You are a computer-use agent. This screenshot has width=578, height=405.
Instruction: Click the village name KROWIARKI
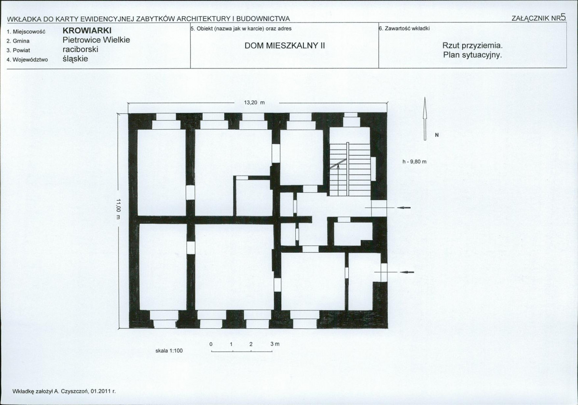point(87,30)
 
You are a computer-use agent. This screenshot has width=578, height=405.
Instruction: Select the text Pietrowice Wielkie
point(96,40)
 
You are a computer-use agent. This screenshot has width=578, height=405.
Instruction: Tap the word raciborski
point(81,49)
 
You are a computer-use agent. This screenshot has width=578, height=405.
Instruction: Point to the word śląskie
point(76,59)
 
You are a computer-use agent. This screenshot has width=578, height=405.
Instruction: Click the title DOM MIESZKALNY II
point(285,46)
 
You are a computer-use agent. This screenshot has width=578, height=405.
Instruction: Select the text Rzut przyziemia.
point(472,46)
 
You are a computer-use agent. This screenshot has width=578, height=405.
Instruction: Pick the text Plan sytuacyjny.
point(472,55)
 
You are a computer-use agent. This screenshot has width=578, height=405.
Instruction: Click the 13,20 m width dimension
point(254,103)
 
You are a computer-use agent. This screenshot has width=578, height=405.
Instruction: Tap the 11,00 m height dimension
point(118,209)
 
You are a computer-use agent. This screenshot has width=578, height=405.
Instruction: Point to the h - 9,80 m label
point(414,162)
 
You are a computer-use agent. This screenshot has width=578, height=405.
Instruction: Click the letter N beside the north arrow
point(437,135)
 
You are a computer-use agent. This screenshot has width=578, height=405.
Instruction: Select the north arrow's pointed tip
point(425,97)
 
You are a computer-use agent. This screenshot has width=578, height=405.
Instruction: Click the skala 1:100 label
point(169,351)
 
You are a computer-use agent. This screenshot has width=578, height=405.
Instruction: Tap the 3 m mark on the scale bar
point(275,344)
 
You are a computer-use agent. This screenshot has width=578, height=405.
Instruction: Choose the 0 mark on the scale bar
point(211,344)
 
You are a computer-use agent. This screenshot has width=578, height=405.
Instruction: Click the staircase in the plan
point(349,167)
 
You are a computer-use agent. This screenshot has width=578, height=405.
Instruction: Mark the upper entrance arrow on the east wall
point(404,208)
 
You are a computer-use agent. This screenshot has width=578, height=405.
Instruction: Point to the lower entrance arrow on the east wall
point(407,272)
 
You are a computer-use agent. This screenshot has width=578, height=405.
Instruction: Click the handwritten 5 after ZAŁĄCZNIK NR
point(563,17)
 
